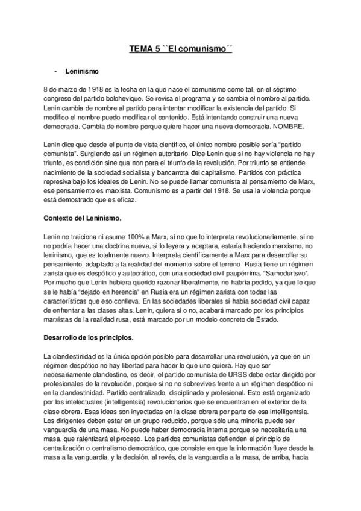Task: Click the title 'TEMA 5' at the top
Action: tap(145, 52)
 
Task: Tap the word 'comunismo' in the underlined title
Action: tap(206, 52)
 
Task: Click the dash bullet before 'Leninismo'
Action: tap(55, 72)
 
